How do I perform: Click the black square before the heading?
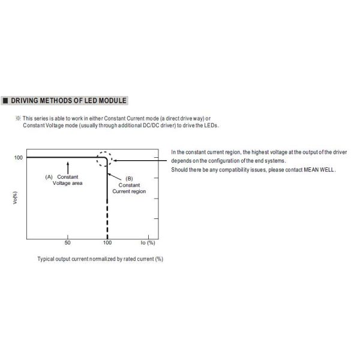click(x=5, y=101)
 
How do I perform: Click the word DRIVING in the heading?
click(x=25, y=101)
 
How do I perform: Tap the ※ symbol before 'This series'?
click(x=18, y=119)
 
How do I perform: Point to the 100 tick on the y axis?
click(x=19, y=158)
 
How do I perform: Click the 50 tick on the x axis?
click(x=67, y=242)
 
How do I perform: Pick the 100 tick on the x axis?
click(x=107, y=242)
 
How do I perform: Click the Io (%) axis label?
click(x=148, y=242)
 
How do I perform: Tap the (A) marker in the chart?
click(x=49, y=177)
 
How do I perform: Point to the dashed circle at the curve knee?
click(x=106, y=159)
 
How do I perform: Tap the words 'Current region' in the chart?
click(x=129, y=191)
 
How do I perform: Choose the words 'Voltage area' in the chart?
click(x=68, y=183)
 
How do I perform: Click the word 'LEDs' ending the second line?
click(x=212, y=126)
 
